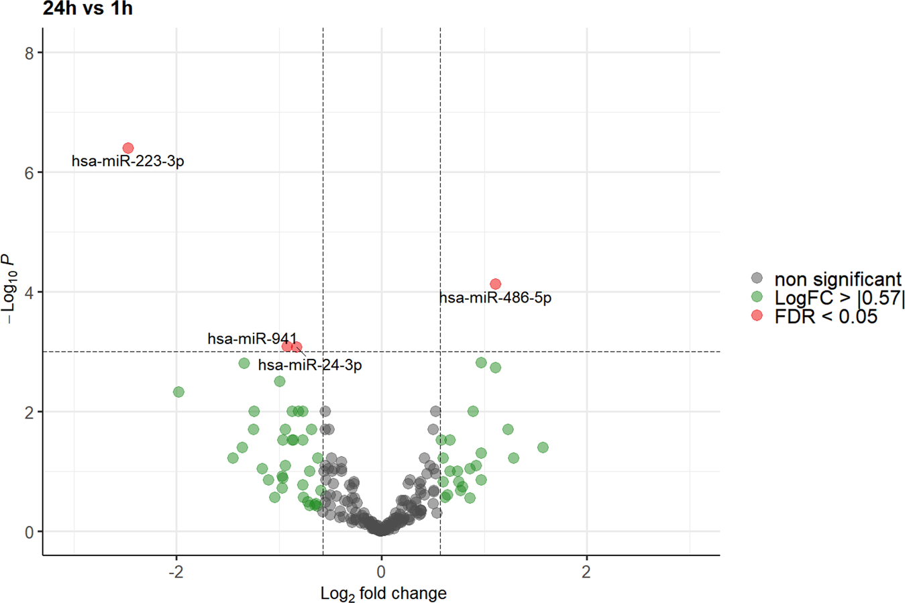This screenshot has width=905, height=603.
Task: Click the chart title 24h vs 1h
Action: [x=87, y=9]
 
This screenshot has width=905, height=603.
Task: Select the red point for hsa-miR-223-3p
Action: [x=128, y=148]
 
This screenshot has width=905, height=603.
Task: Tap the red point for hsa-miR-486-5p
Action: [x=495, y=284]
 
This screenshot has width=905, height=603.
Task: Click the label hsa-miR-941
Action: [x=252, y=339]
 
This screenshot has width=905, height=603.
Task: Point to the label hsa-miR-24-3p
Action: [x=310, y=366]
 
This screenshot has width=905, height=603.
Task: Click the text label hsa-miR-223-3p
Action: [x=127, y=162]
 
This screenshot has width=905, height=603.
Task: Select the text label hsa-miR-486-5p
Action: [x=495, y=298]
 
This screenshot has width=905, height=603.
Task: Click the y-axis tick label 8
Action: [x=30, y=53]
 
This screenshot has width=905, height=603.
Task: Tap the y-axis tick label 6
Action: [x=30, y=172]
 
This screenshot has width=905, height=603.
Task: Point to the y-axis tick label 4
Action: [x=30, y=292]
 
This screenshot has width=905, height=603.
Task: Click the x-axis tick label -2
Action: [x=175, y=572]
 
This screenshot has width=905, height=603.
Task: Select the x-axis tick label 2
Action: [x=586, y=572]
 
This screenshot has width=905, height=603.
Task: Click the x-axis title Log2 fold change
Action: [x=383, y=594]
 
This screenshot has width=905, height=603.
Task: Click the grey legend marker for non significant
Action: [x=757, y=278]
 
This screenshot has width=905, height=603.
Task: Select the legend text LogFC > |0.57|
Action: [x=839, y=297]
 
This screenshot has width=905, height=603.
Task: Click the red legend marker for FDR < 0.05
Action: [x=757, y=315]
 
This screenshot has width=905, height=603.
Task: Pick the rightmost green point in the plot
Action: [x=543, y=447]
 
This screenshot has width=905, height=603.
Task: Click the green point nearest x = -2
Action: [x=178, y=392]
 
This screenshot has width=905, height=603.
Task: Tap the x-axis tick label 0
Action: [x=381, y=572]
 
